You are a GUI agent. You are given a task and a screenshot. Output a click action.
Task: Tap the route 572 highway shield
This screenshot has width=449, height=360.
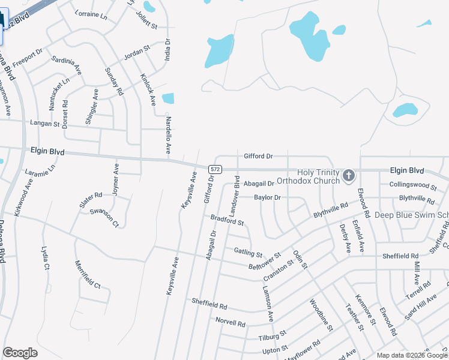click(x=215, y=170)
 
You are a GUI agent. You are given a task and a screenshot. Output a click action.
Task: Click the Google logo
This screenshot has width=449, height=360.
click(x=20, y=353)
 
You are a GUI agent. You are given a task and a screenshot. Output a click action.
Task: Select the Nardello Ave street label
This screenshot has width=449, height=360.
click(x=169, y=134)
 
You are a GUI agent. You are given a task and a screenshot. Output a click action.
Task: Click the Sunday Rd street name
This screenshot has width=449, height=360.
click(x=114, y=82)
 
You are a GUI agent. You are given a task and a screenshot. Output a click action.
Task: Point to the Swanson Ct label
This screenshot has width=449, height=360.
click(x=104, y=218)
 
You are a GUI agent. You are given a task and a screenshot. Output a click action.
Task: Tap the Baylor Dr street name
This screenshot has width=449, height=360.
click(x=267, y=197)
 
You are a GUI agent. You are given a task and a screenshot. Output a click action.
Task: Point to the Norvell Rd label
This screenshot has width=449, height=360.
click(x=231, y=323)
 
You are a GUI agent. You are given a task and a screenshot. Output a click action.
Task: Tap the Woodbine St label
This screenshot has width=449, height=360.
click(x=321, y=316)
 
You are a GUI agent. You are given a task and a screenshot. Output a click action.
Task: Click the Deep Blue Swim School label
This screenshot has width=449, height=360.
click(x=412, y=215)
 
